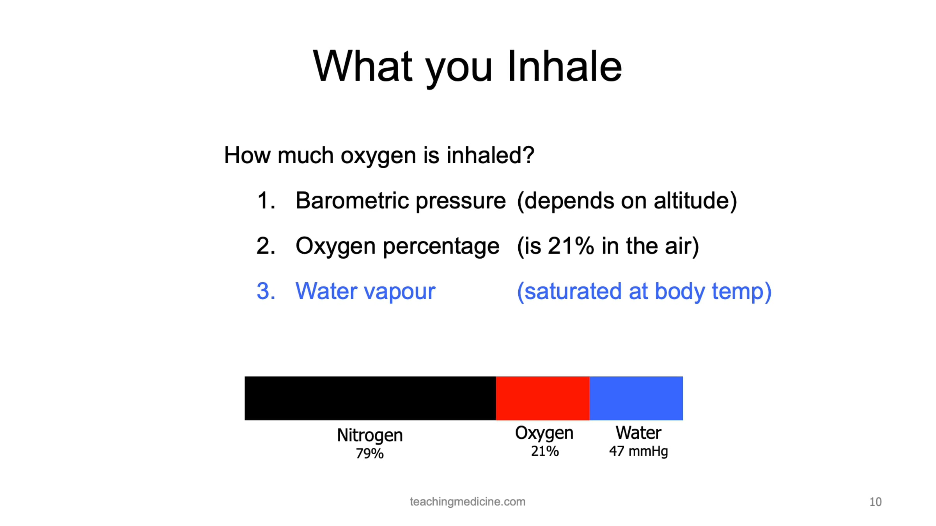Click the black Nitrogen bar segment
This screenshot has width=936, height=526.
[370, 398]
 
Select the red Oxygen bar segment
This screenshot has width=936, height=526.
[542, 398]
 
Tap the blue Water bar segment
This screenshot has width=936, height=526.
[636, 398]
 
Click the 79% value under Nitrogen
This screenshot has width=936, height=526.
[370, 454]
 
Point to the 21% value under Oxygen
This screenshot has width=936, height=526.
[545, 451]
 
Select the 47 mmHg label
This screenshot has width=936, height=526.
[638, 452]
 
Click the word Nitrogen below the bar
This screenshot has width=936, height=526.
[370, 436]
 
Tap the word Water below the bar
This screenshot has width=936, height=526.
[638, 433]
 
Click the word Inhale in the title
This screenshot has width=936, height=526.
[564, 67]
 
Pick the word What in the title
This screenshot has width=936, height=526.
[363, 67]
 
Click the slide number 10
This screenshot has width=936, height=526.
[876, 502]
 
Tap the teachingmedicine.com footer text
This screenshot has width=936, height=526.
[468, 502]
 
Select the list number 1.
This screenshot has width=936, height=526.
[266, 201]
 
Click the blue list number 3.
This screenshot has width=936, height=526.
[266, 291]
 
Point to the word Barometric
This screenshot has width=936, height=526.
[353, 201]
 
